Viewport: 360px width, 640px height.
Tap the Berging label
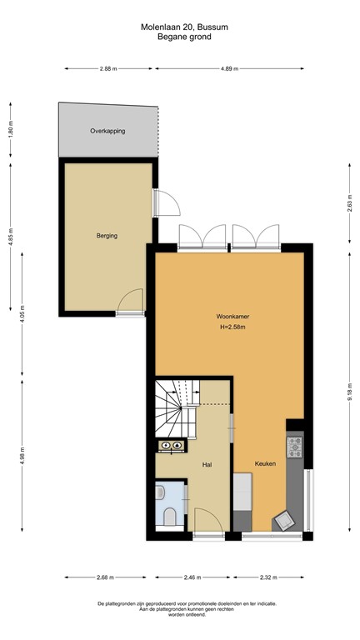(x=106, y=236)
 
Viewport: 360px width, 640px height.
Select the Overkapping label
(x=107, y=132)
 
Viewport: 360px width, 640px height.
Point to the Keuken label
(x=265, y=463)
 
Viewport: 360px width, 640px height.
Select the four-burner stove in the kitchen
(x=294, y=449)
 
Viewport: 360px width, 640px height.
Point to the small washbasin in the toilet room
(x=161, y=493)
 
